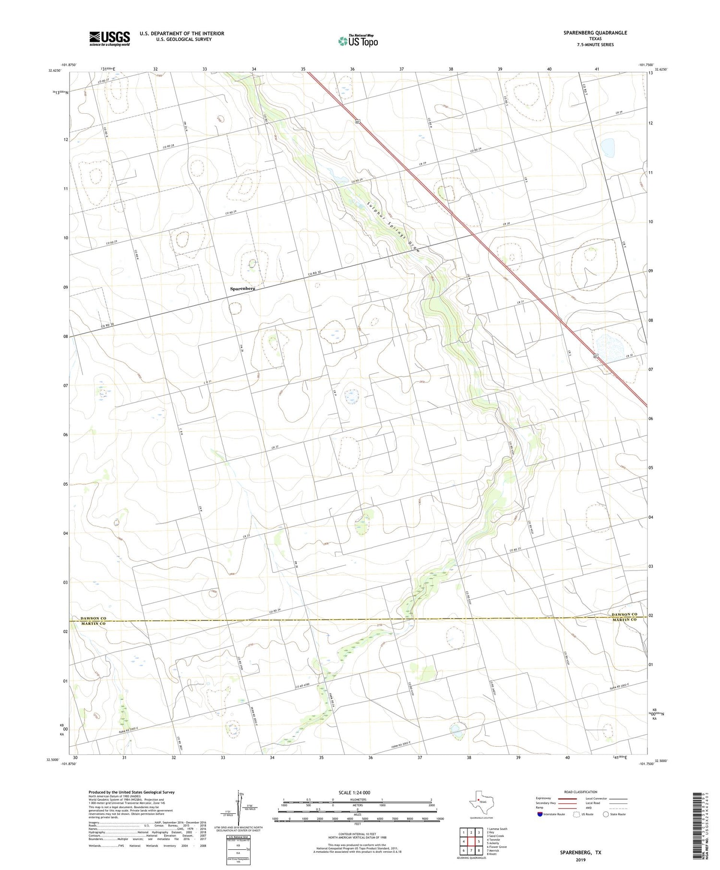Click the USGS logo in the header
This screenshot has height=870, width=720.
pyautogui.click(x=109, y=38)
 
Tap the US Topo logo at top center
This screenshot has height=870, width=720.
pyautogui.click(x=358, y=41)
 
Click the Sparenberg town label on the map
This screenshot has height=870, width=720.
pyautogui.click(x=242, y=289)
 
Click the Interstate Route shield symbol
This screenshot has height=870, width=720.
pyautogui.click(x=540, y=814)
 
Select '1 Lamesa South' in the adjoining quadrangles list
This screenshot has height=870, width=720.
pyautogui.click(x=497, y=829)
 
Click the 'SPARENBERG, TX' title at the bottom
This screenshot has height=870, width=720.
pyautogui.click(x=580, y=853)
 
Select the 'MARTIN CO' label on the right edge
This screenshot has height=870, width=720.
pyautogui.click(x=624, y=620)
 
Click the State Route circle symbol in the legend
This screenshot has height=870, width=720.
pyautogui.click(x=606, y=814)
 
